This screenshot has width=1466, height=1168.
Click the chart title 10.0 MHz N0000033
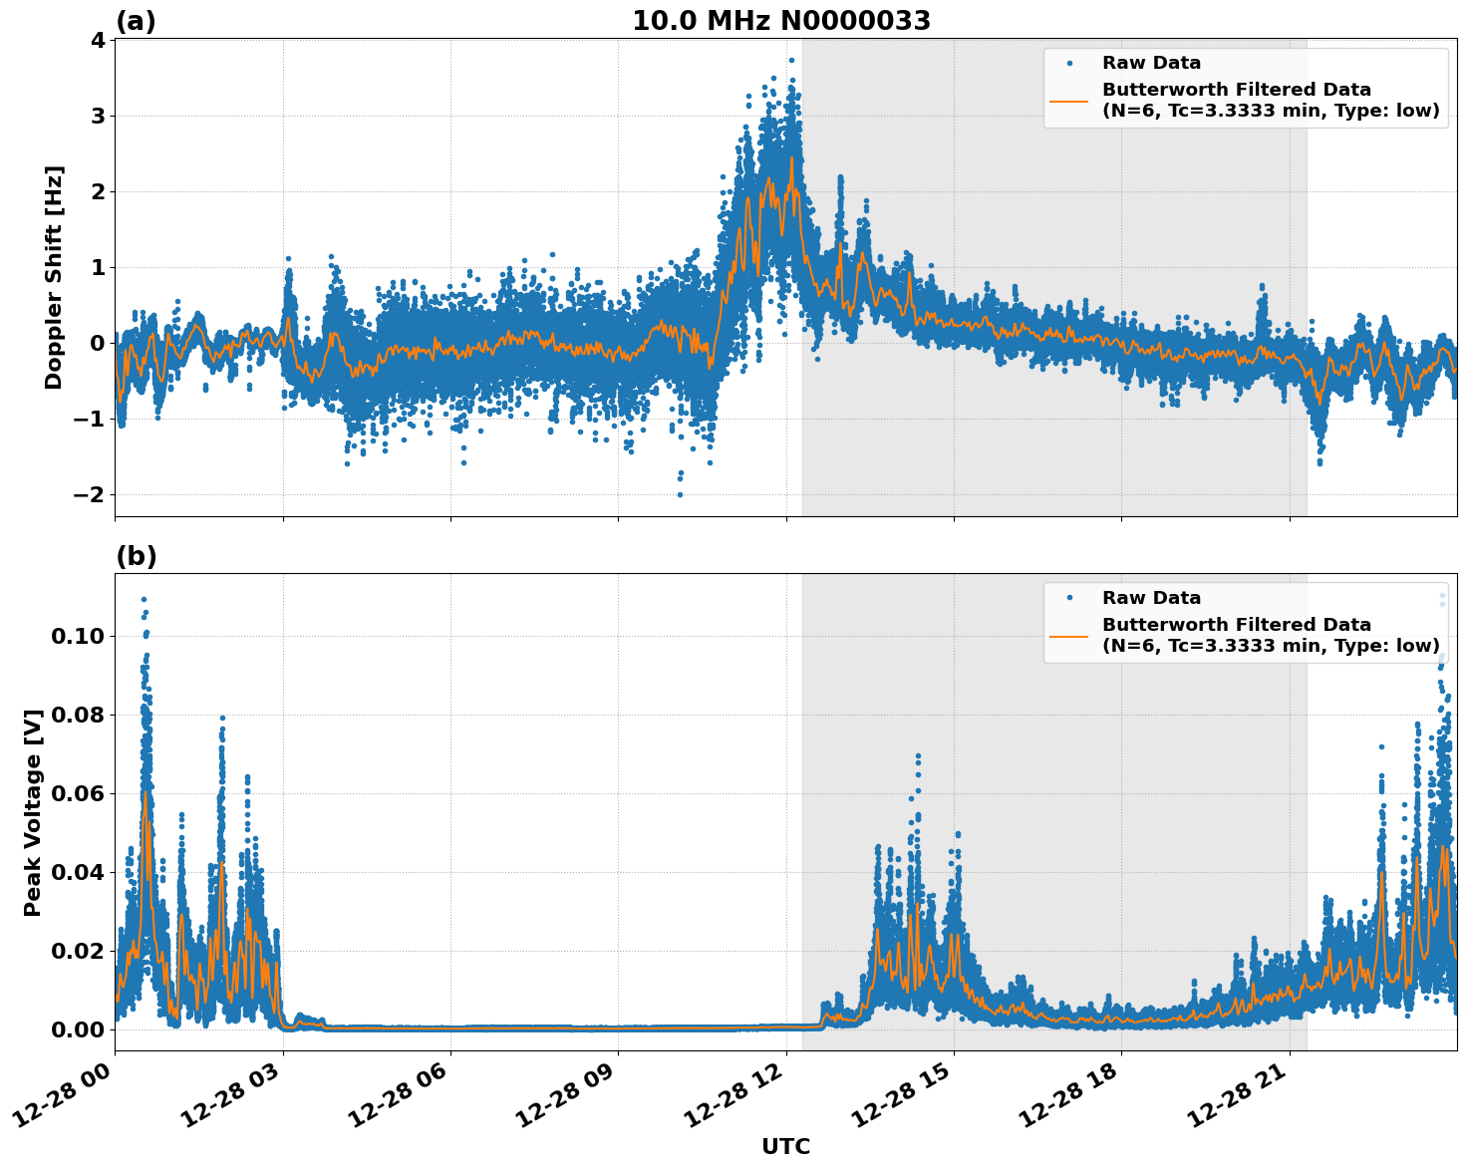coord(781,21)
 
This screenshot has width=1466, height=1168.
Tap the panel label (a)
coord(136,21)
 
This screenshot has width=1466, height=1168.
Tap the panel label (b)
coord(136,556)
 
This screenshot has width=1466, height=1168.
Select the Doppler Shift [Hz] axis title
coord(54,277)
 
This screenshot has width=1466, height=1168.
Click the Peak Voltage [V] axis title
coord(33,812)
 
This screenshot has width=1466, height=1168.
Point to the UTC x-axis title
coord(785,1146)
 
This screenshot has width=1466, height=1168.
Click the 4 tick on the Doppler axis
coord(97,41)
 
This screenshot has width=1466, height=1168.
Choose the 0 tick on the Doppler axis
coord(97,344)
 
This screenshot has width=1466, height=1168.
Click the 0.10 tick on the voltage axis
coord(80,637)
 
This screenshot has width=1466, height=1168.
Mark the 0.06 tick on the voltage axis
coord(80,794)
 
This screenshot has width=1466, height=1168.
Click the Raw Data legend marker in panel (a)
coord(1069,63)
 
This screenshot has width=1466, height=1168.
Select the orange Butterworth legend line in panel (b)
coord(1069,635)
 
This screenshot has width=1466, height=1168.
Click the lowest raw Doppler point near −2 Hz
coord(680,494)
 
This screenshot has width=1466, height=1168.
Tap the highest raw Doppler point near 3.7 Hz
coord(791,61)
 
